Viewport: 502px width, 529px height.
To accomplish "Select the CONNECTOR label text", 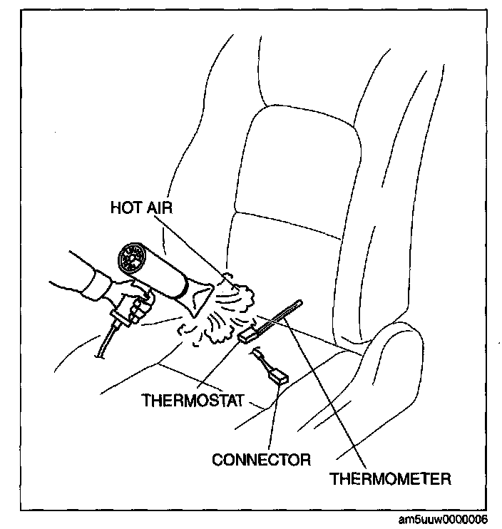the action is click(x=260, y=459).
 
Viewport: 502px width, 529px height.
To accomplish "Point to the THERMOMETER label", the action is click(x=389, y=478).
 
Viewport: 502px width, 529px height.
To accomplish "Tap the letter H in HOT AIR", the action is click(x=115, y=207).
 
